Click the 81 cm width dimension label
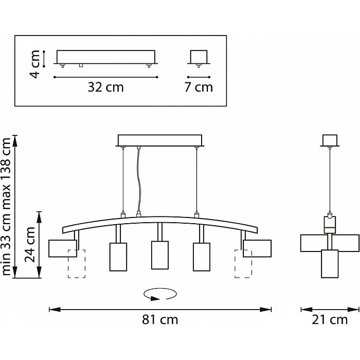(160, 320)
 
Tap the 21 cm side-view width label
(330, 320)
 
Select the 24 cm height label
(30, 245)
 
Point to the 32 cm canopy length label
(106, 87)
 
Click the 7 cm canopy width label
(199, 87)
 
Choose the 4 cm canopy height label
(35, 64)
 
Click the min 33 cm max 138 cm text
(6, 206)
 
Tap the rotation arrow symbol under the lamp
(160, 294)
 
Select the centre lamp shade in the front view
(160, 255)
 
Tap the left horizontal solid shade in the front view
(63, 249)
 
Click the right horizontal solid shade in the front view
(257, 249)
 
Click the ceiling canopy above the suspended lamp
(160, 140)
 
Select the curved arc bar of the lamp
(160, 219)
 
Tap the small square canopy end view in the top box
(199, 57)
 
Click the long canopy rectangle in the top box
(106, 57)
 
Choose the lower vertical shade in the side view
(330, 264)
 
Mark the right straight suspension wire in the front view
(196, 180)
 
